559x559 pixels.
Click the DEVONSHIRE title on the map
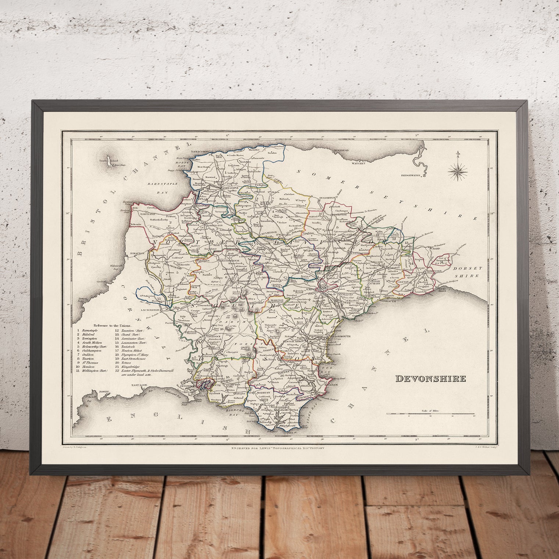coord(431,379)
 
